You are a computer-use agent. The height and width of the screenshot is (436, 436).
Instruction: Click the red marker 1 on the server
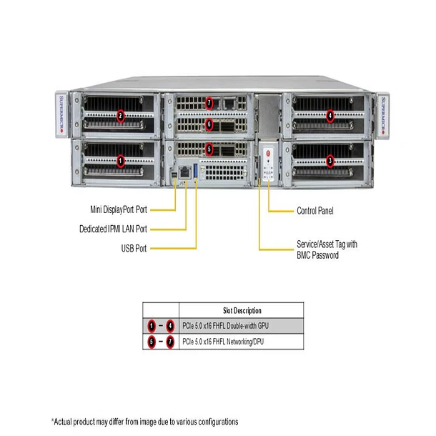point(121,161)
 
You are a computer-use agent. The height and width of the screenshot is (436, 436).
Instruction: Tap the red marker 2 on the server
point(121,115)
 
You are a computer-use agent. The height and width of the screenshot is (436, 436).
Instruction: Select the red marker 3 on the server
point(330,161)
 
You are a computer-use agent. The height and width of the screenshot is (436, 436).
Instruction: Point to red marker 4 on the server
point(330,114)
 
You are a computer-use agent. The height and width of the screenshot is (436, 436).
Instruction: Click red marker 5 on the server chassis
point(209,149)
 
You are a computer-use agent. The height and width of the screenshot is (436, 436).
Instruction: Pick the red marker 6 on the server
point(209,124)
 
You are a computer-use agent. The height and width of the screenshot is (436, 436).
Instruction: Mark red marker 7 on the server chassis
point(209,101)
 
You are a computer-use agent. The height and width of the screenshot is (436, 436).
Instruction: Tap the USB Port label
point(134,249)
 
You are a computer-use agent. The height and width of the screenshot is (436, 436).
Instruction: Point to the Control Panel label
point(314,211)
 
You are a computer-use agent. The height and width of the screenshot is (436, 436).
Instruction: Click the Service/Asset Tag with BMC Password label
point(327,249)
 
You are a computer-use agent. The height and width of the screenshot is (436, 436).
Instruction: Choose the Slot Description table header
point(242,311)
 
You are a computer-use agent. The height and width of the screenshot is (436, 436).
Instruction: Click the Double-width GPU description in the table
point(236,326)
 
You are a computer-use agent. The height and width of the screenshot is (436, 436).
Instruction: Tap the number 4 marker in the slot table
point(169,326)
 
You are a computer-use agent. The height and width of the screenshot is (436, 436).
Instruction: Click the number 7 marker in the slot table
point(169,342)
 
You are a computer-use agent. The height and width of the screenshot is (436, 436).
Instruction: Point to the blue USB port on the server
point(196,172)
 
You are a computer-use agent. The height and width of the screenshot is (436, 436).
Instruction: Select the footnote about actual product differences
point(144,422)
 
